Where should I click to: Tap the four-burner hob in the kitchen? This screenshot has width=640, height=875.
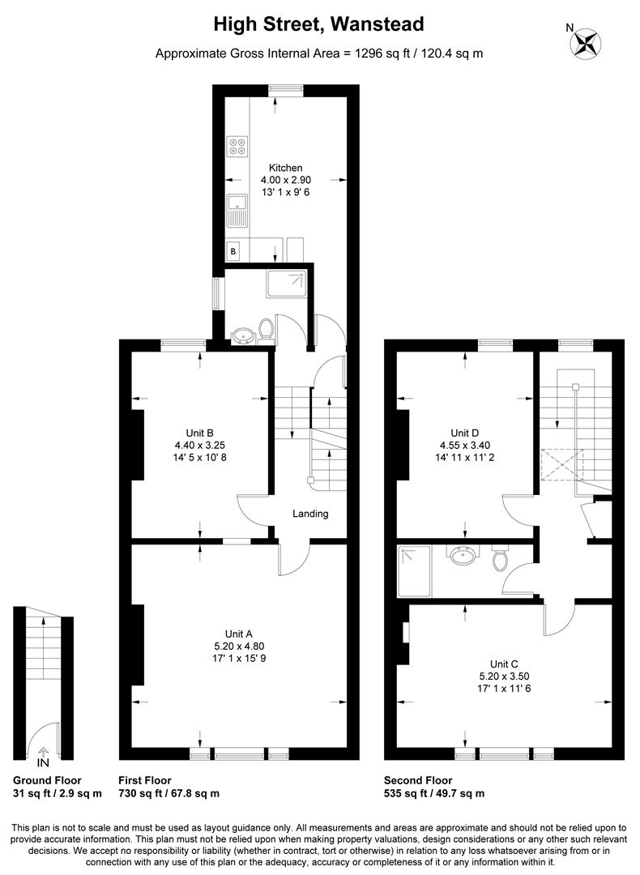click(238, 147)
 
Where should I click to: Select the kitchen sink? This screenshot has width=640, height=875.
click(237, 210)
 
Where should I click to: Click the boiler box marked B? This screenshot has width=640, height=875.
click(234, 251)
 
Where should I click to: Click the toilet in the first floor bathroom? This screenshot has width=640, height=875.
click(265, 330)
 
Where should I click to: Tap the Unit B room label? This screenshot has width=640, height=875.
click(199, 432)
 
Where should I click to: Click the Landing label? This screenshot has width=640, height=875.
click(310, 514)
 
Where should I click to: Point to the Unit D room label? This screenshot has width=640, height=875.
click(465, 432)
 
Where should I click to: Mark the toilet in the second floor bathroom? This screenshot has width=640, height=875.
click(500, 558)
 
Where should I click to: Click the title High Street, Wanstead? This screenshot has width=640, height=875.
click(318, 25)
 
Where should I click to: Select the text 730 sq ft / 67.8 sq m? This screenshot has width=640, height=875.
click(169, 793)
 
